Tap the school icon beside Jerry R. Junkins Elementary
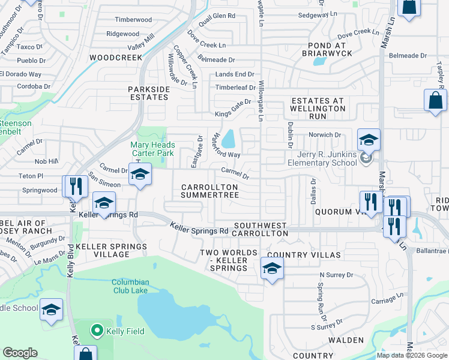[x=369, y=141]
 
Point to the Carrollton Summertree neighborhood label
[x=209, y=191]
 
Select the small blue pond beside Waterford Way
[x=229, y=140]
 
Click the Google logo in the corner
[x=20, y=353]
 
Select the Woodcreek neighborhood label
[x=115, y=58]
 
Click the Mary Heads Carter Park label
[x=153, y=149]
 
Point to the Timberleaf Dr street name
[x=235, y=87]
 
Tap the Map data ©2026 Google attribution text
[x=411, y=355]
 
